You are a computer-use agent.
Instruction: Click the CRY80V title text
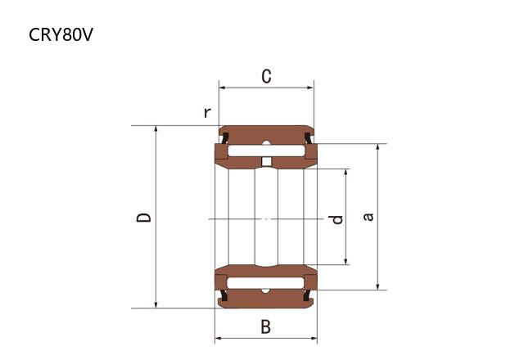[61, 34]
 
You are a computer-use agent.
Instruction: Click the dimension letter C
[266, 76]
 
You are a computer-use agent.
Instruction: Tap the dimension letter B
[265, 326]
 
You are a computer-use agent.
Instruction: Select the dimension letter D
[144, 217]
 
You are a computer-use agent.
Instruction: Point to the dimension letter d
[336, 219]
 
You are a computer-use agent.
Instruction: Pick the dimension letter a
[368, 217]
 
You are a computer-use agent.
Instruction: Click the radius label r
[207, 113]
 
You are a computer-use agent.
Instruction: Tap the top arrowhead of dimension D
[156, 129]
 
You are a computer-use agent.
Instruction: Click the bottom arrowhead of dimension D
[156, 304]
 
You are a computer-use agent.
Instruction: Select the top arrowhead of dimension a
[377, 148]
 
